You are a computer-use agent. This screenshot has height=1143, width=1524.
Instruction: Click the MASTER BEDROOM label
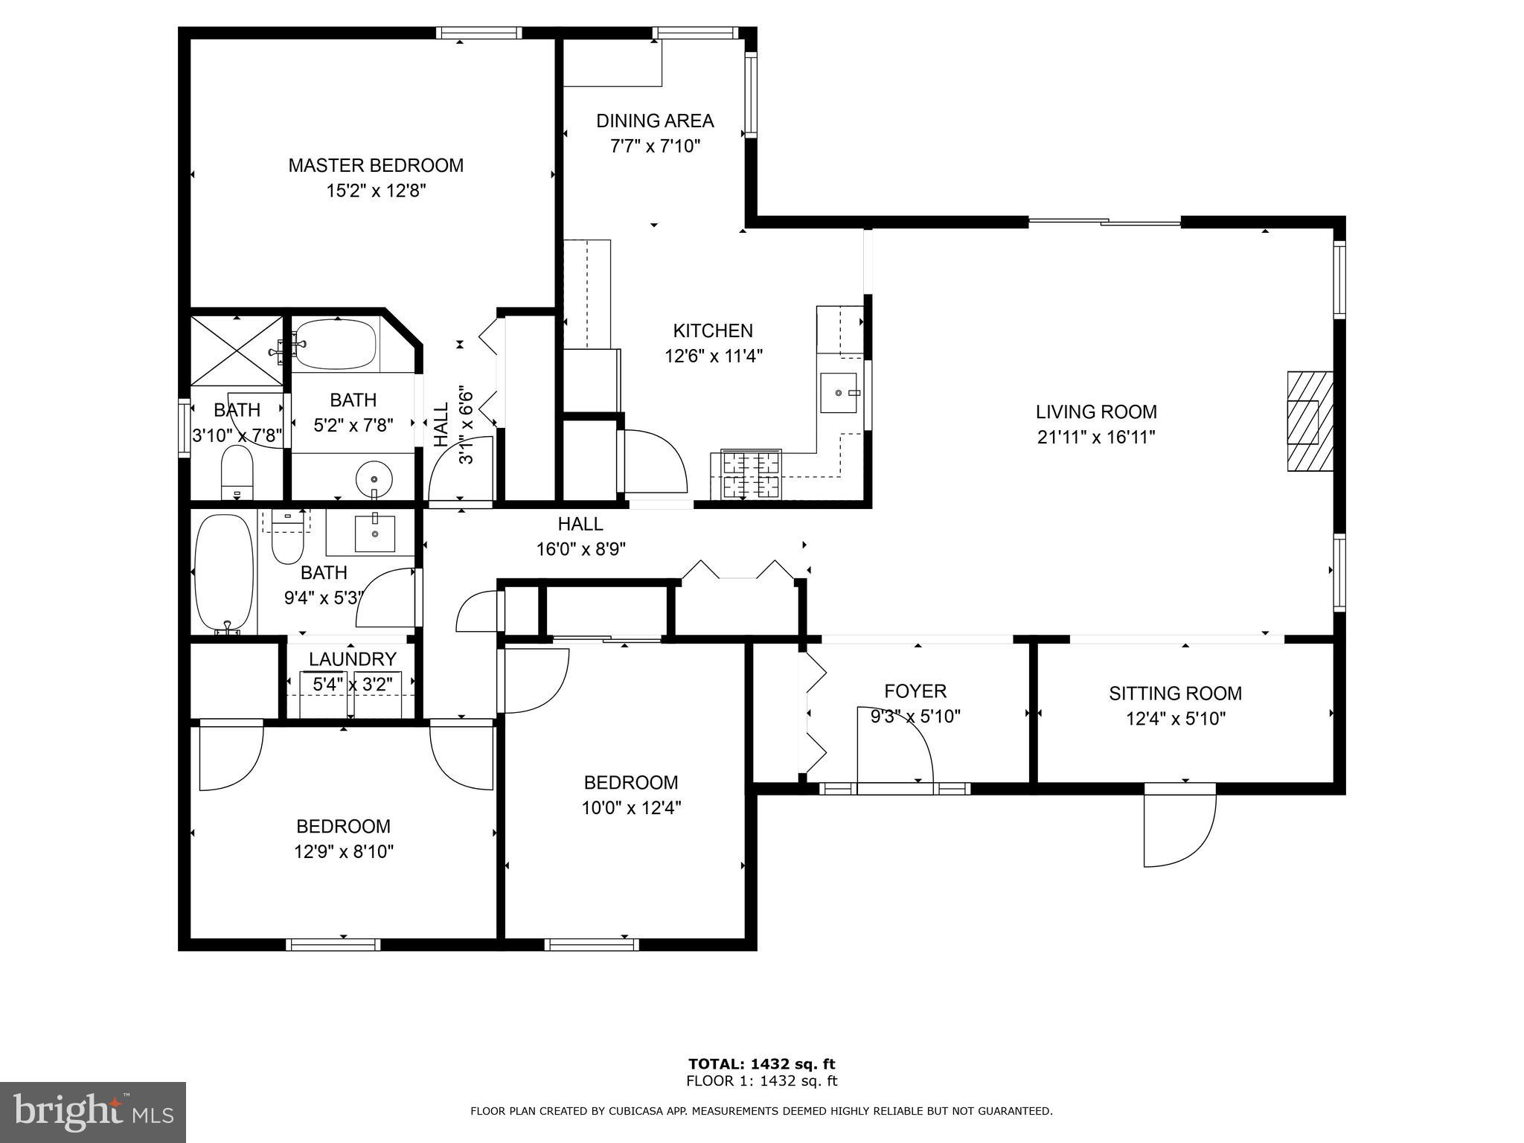376,165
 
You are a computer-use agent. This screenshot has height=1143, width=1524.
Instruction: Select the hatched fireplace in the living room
1310,421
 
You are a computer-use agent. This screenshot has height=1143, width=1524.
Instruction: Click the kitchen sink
839,392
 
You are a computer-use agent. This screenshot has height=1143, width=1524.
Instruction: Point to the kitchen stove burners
751,474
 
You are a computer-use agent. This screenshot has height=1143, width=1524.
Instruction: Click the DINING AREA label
655,121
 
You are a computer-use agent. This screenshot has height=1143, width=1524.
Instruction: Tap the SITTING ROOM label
1175,694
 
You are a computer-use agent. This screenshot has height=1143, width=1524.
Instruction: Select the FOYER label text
915,691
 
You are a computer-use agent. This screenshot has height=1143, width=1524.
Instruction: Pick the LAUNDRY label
352,659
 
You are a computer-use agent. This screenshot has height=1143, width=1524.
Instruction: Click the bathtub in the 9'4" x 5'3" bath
223,571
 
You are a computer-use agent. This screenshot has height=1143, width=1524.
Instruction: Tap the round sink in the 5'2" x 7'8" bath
374,478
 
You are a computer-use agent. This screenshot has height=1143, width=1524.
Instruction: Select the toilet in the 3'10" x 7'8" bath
237,473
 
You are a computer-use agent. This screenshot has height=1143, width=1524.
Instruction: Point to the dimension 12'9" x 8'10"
343,851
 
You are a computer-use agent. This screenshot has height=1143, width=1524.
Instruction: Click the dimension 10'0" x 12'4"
631,807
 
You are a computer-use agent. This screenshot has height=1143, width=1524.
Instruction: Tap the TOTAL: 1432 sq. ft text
761,1064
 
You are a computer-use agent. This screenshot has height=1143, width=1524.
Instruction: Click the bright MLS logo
93,1112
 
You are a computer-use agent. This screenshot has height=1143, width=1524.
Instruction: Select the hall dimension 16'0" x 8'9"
580,549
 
